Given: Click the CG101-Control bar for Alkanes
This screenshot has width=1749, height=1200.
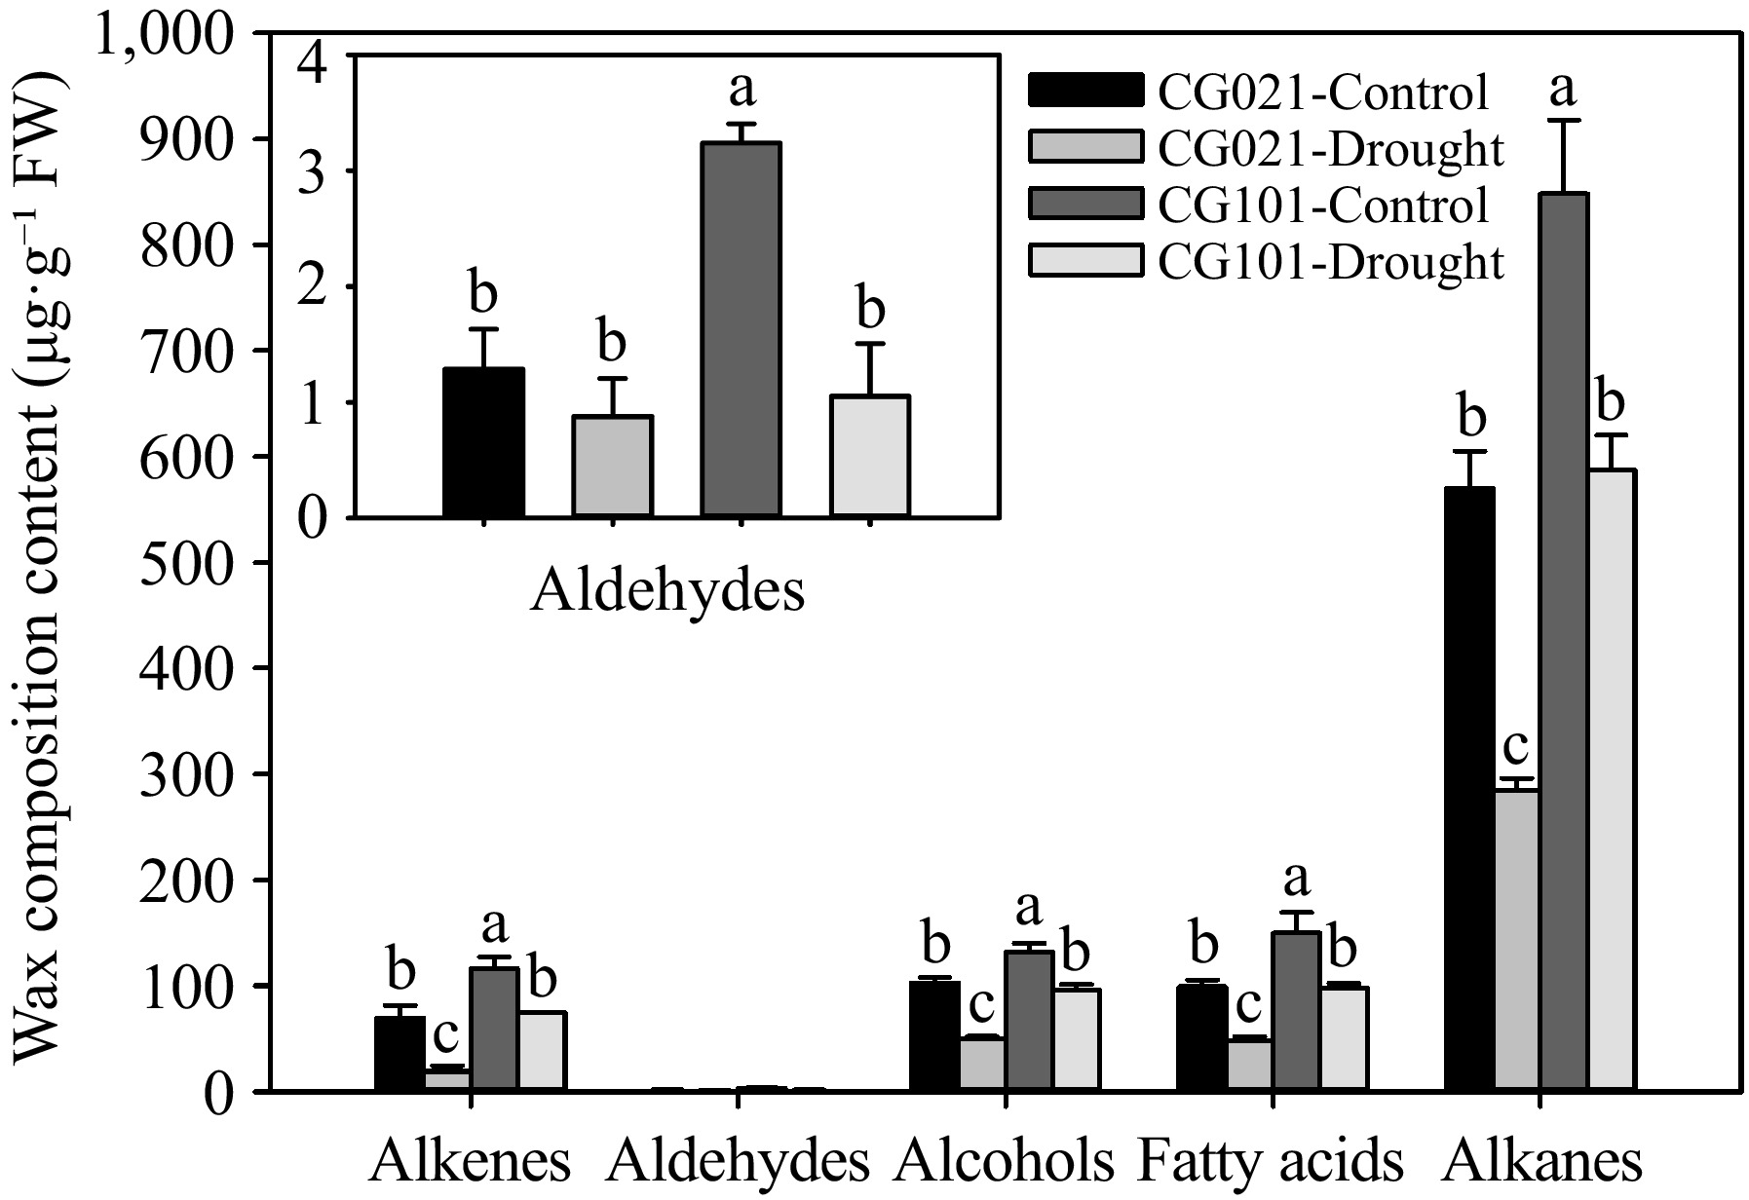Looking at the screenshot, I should click(1565, 643).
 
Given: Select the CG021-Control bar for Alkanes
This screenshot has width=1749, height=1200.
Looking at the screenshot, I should click(1469, 789).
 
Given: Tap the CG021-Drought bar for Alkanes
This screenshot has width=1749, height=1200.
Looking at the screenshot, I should click(1517, 940).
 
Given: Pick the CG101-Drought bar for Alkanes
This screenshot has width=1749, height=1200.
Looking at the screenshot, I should click(1613, 779).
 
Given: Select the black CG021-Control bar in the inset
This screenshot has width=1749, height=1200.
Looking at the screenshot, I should click(484, 442).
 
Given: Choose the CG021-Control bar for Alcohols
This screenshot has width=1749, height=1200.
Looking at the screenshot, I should click(933, 1035).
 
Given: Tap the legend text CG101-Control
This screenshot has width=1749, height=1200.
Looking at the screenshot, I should click(1323, 205).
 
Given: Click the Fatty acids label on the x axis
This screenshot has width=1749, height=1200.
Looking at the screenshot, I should click(1271, 1161).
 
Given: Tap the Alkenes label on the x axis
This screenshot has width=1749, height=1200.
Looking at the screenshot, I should click(471, 1161).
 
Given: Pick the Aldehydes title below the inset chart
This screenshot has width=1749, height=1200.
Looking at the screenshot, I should click(667, 591).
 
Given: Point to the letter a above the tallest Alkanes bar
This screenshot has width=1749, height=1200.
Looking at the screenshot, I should click(1563, 90).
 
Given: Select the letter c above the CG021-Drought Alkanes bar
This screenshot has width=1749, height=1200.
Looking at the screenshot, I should click(1514, 747).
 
